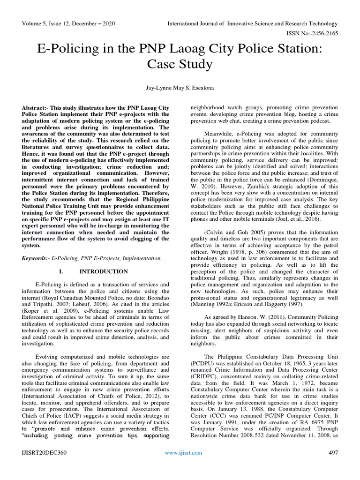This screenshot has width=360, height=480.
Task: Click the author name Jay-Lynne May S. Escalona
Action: coord(180,89)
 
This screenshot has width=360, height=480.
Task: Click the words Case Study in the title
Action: coord(180,64)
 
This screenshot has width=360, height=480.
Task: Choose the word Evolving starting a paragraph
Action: coord(48,343)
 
